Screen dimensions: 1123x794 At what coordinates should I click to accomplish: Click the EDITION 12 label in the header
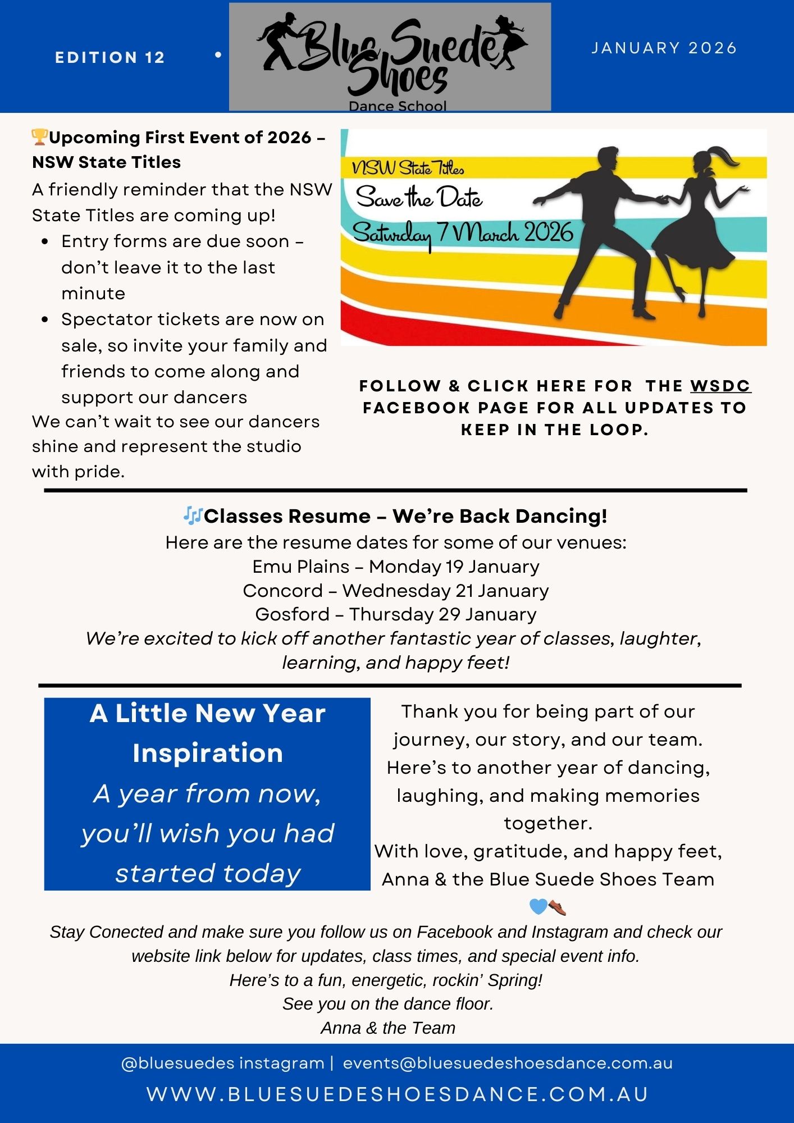tap(110, 57)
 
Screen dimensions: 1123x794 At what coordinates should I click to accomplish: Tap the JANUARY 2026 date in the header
tap(664, 48)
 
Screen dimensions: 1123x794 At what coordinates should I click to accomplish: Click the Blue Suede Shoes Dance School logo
tap(390, 57)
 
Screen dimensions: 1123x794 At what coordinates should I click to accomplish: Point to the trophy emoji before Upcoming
tap(39, 137)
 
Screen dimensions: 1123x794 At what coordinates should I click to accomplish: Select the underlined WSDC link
tap(720, 386)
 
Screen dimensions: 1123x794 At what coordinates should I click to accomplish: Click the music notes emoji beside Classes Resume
tap(193, 515)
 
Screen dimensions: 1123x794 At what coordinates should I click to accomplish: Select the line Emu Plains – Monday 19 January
tap(396, 567)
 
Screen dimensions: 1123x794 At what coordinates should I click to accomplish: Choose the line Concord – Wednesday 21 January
tap(396, 591)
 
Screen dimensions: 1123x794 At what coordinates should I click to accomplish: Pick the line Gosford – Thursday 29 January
tap(396, 614)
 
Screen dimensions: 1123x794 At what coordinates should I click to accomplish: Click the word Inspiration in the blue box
tap(208, 753)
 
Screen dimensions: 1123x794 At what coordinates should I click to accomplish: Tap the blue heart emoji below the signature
tap(538, 906)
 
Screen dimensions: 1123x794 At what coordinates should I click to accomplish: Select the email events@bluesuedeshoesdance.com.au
tap(508, 1063)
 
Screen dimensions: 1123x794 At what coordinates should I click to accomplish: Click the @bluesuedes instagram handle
tap(223, 1063)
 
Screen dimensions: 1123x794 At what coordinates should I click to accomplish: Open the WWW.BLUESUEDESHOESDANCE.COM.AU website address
tap(398, 1094)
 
